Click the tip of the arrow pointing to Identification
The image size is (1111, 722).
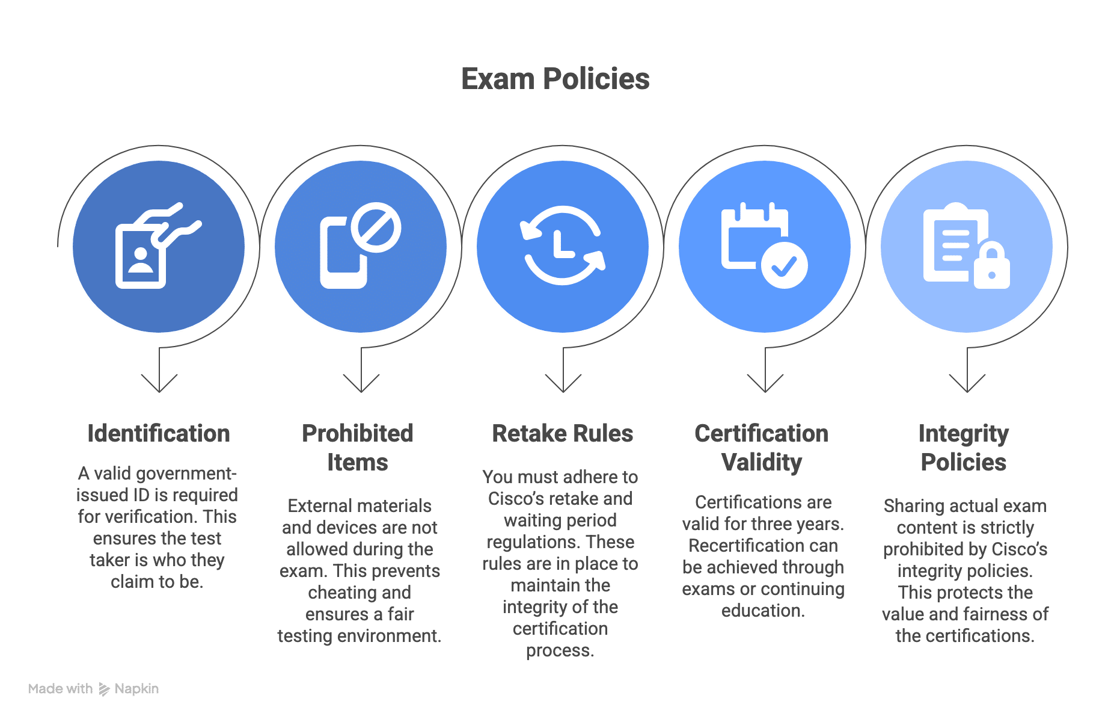159,392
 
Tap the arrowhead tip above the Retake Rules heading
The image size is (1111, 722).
563,392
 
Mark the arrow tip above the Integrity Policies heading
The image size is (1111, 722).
967,392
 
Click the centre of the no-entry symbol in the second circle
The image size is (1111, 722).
376,227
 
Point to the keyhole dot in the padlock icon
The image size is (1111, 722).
992,275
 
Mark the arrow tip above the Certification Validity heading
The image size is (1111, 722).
765,392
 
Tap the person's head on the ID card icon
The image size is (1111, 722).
141,253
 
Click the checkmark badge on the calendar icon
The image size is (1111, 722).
785,265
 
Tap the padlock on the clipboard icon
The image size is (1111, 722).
992,265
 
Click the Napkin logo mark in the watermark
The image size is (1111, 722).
104,689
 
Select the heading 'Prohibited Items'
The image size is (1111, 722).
358,448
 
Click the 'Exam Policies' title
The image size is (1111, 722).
555,79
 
